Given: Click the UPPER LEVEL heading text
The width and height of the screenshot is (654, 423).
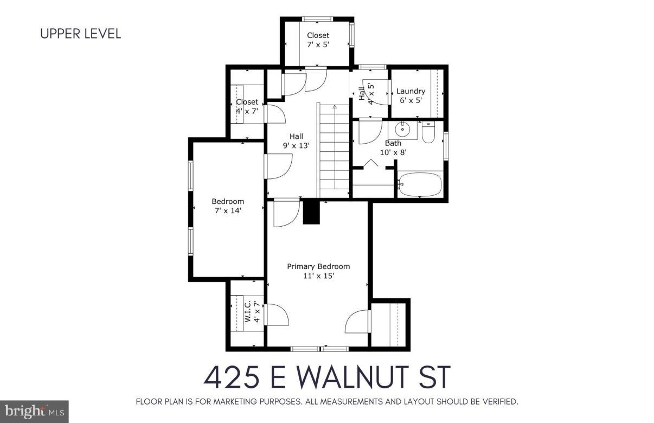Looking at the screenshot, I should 81,34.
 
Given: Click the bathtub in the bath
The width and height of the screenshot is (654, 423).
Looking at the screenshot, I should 421,184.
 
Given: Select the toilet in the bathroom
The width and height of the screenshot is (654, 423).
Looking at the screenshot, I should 428,133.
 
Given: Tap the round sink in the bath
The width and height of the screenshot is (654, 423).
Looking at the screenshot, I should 402,130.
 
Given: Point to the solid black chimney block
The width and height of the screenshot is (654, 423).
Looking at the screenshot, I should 311,212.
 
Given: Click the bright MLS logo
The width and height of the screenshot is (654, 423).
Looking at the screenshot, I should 34,412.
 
